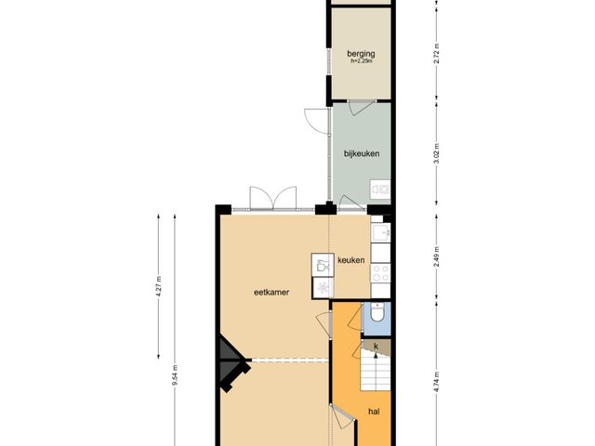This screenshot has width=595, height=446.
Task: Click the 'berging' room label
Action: click(360, 54)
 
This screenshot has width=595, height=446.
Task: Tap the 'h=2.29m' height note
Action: click(360, 62)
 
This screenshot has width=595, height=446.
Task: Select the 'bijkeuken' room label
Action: click(362, 153)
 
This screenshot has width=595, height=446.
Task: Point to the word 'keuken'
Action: click(350, 260)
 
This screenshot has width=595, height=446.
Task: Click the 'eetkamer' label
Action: click(270, 292)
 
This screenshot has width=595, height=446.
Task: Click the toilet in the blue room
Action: click(377, 317)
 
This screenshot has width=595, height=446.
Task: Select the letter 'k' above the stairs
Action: click(377, 348)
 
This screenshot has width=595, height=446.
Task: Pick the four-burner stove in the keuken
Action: click(380, 273)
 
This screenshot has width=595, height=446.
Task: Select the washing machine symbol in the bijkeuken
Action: click(379, 190)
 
